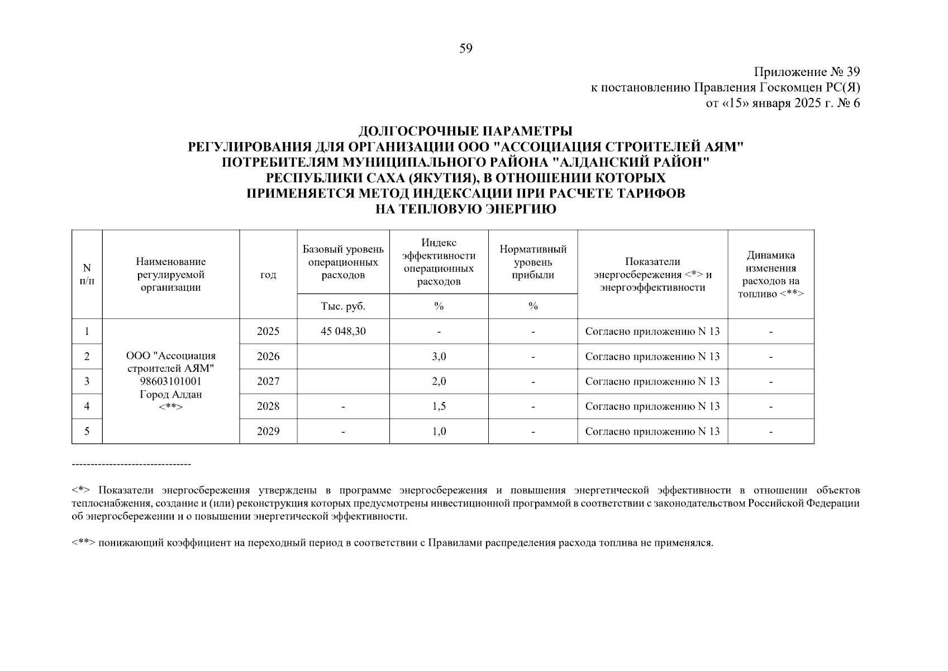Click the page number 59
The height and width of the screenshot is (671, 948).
point(466,49)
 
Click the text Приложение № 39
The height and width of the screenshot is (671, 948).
point(807,72)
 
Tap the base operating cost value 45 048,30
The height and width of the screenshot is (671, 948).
point(343,331)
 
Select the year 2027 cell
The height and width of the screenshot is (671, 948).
point(268,381)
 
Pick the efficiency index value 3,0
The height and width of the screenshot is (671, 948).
point(439,356)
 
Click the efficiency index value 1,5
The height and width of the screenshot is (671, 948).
point(439,406)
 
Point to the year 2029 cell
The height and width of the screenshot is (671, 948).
point(268,431)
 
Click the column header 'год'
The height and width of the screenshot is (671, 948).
point(268,275)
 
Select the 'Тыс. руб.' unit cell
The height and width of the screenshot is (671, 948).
point(343,306)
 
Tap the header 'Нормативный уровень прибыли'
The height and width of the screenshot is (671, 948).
point(533,262)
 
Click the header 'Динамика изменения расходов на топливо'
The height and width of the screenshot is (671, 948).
point(770,275)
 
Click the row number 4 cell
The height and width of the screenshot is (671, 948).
point(87,406)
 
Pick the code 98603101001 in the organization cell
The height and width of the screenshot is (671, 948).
point(170,381)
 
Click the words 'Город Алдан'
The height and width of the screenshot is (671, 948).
point(170,394)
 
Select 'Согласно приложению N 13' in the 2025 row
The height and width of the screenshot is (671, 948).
point(652,331)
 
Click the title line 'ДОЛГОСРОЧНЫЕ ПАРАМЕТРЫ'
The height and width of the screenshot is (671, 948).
point(465,131)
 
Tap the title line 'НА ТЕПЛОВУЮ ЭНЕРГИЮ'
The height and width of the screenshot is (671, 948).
point(465,209)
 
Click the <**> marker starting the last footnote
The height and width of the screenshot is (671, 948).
point(84,543)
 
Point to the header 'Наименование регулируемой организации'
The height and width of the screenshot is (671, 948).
point(170,275)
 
